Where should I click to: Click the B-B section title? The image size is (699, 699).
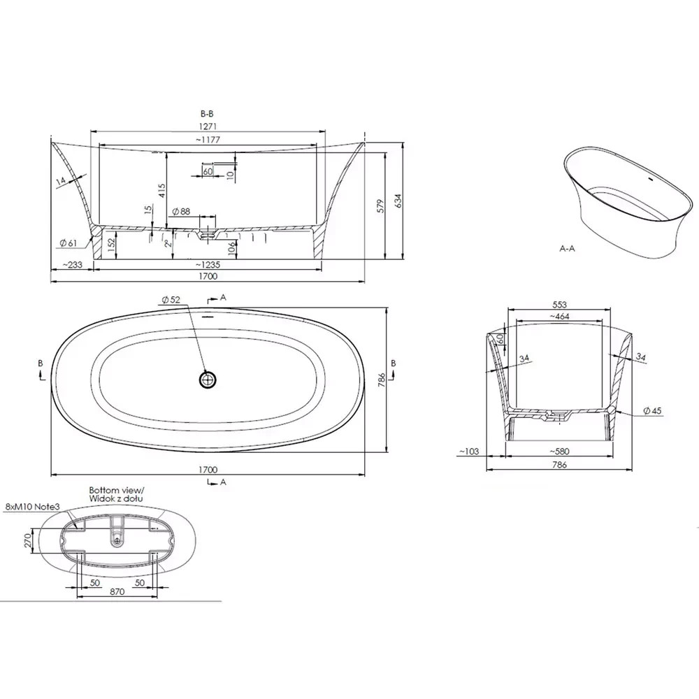click(x=208, y=114)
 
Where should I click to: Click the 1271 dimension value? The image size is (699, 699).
click(x=208, y=127)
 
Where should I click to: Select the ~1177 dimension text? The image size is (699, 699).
click(x=208, y=140)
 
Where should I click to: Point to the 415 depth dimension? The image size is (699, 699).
click(x=162, y=191)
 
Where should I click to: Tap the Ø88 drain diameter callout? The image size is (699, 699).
click(x=181, y=211)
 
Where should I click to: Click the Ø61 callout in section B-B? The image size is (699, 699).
click(x=69, y=243)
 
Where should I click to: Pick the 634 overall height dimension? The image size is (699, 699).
click(x=398, y=201)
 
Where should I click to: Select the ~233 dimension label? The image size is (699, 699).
click(x=72, y=265)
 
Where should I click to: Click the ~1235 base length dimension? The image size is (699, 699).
click(x=208, y=265)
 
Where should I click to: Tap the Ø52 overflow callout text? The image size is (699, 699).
click(x=171, y=300)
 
